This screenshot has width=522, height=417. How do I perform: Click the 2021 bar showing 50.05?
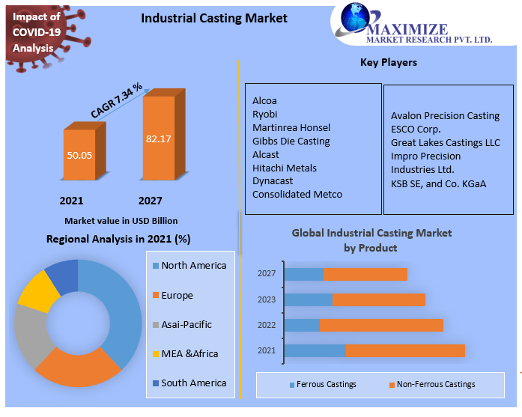pyautogui.click(x=79, y=155)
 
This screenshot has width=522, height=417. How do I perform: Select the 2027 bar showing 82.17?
pyautogui.click(x=158, y=139)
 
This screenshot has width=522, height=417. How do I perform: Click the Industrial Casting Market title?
pyautogui.click(x=214, y=17)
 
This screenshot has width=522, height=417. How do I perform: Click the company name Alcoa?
pyautogui.click(x=265, y=100)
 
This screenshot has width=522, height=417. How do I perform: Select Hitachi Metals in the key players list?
pyautogui.click(x=285, y=168)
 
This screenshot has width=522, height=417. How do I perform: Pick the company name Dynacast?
pyautogui.click(x=273, y=181)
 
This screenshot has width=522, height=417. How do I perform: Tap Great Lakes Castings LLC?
pyautogui.click(x=446, y=142)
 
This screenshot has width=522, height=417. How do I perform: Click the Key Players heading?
pyautogui.click(x=389, y=62)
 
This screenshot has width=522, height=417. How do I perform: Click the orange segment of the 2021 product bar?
pyautogui.click(x=404, y=350)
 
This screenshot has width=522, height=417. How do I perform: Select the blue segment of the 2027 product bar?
pyautogui.click(x=303, y=274)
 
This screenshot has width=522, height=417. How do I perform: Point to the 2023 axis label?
pyautogui.click(x=267, y=299)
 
